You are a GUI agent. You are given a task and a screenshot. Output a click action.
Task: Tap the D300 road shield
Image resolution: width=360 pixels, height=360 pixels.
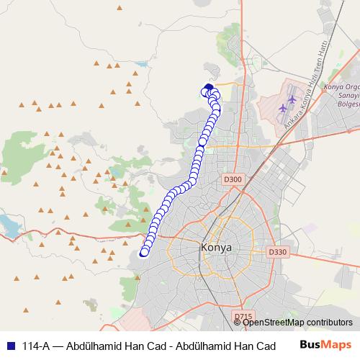click(x=233, y=179)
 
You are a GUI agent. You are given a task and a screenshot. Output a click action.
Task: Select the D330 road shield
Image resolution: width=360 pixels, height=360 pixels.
click(x=276, y=252)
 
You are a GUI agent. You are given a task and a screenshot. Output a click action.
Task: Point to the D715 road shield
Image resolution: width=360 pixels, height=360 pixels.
click(x=243, y=316)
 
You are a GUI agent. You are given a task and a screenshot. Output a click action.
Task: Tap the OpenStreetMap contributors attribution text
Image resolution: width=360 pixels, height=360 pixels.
click(x=297, y=323)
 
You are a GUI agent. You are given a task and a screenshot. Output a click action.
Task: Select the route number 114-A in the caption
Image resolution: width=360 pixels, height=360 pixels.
click(x=34, y=346)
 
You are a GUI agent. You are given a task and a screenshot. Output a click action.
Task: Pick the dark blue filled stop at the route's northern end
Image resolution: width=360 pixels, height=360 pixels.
click(x=209, y=88)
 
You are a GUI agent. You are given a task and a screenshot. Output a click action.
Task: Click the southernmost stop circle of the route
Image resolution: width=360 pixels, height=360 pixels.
click(x=144, y=252)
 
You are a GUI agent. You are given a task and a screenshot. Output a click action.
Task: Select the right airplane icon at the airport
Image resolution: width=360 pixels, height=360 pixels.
click(x=292, y=99)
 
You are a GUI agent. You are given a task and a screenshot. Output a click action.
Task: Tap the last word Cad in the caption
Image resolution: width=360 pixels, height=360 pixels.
click(x=264, y=346)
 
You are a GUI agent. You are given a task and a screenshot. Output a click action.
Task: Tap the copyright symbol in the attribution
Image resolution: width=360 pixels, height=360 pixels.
click(x=238, y=323)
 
